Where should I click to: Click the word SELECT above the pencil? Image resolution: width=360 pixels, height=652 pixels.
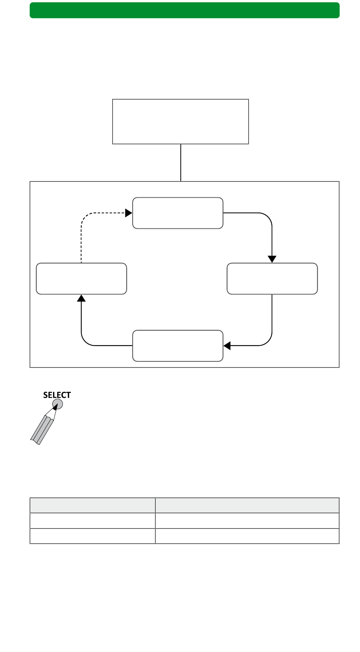(x=57, y=395)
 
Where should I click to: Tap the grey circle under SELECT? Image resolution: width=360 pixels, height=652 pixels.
(x=57, y=404)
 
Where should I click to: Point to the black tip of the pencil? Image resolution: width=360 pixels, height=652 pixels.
(x=56, y=407)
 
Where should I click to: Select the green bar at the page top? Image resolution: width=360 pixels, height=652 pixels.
(x=185, y=10)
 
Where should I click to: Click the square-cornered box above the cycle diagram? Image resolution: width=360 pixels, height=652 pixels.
(x=180, y=122)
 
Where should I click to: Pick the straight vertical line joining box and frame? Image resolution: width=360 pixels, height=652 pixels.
(x=181, y=163)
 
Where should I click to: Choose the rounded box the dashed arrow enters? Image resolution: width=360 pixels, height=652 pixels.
(x=178, y=213)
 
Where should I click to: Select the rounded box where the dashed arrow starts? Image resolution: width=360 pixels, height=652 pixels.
(x=81, y=278)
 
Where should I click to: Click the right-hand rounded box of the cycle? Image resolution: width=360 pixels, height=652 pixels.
(x=272, y=278)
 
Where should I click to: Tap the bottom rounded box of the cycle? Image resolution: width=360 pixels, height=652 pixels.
(x=178, y=346)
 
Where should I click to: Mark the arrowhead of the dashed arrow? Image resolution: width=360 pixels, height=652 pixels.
(x=129, y=213)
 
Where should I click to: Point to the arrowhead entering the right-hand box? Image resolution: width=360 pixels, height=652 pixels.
(x=272, y=259)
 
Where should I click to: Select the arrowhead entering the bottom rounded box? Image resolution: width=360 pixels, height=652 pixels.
(x=227, y=346)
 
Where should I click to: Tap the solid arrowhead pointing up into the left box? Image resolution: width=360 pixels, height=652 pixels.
(x=81, y=298)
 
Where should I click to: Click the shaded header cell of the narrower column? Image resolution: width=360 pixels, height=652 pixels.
(x=92, y=505)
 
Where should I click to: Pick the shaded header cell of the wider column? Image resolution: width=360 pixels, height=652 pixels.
(x=247, y=505)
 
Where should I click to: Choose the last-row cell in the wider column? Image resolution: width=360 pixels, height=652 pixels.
(x=247, y=536)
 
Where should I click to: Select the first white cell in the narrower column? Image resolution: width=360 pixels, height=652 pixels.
(x=92, y=521)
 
